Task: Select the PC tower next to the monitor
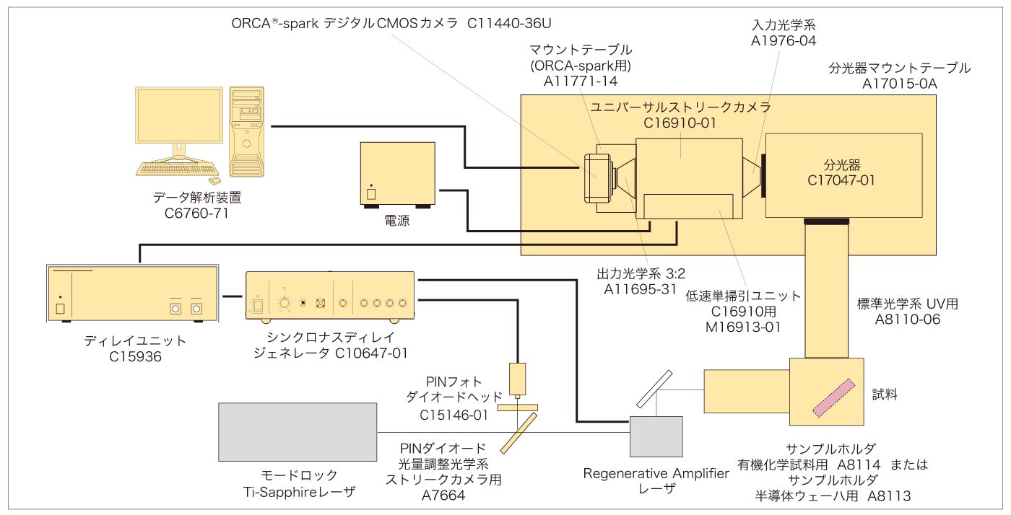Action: tap(247, 132)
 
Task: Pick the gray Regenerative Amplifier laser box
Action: tap(656, 441)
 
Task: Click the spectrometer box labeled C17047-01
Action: tap(843, 175)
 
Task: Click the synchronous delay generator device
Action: tap(330, 298)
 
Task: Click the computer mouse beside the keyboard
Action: tap(214, 180)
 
